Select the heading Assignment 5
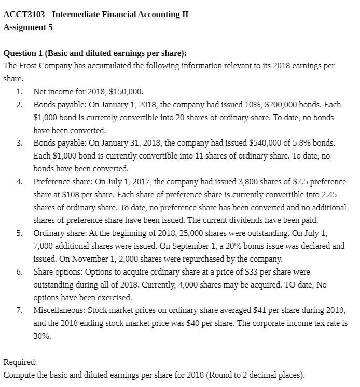[28, 27]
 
